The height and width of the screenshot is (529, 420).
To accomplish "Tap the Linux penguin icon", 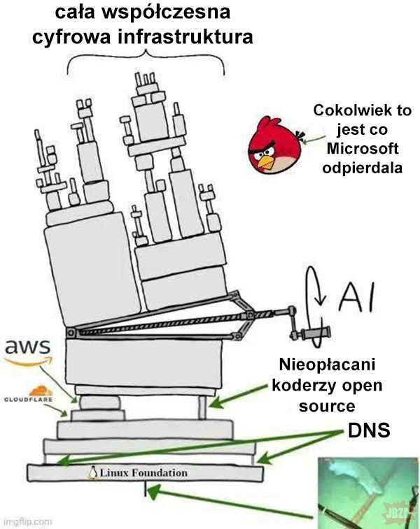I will tap(92, 473).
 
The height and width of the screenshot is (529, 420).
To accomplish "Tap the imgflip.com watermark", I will tap(27, 521).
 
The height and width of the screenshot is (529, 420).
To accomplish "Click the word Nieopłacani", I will tap(327, 366).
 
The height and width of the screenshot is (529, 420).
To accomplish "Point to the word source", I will tap(327, 405).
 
